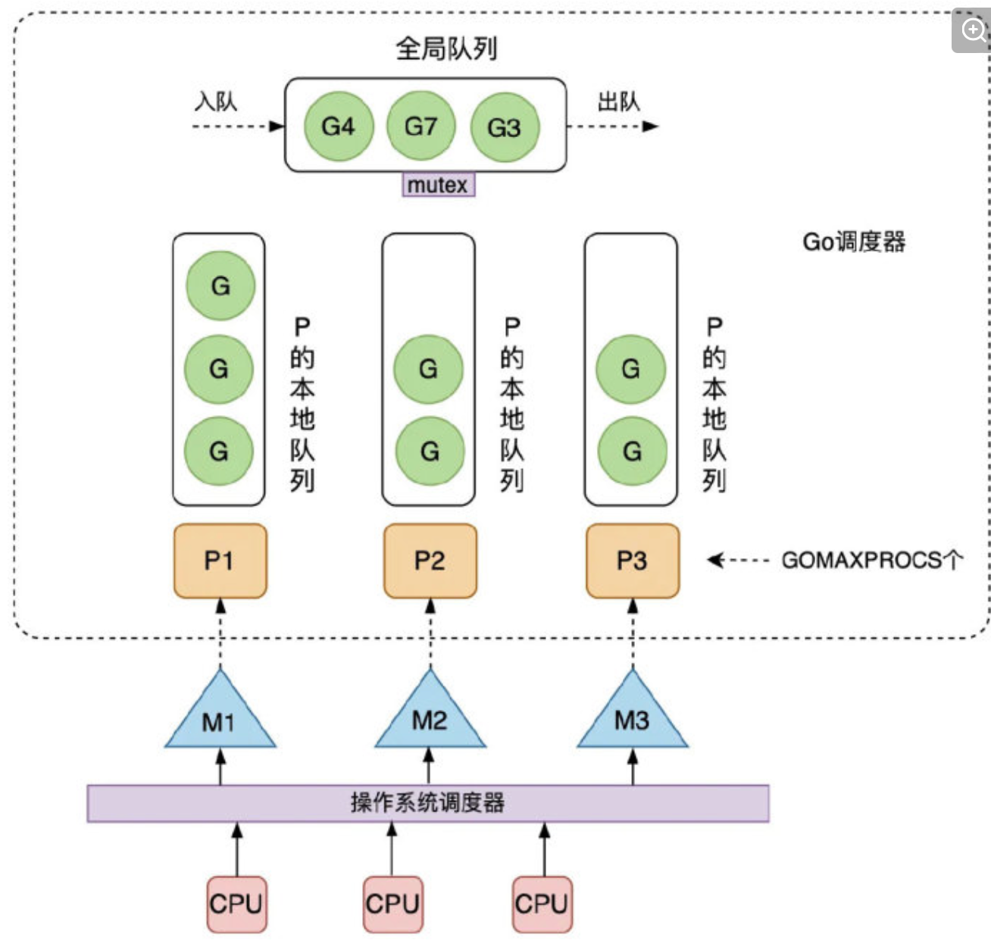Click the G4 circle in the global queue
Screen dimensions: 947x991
pos(338,127)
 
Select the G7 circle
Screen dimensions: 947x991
pos(420,126)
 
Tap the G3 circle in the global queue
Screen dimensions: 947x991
pos(504,127)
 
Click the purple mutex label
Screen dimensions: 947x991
pos(438,185)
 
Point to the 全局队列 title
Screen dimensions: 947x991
pos(446,48)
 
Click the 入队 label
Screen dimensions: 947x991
pos(216,102)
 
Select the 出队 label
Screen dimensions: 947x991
pos(618,102)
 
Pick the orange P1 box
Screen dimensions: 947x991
pos(220,561)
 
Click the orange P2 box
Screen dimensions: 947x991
pos(430,561)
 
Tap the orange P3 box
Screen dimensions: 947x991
pos(632,561)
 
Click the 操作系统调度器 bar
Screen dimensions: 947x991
pos(428,803)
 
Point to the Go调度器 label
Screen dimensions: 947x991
pos(854,242)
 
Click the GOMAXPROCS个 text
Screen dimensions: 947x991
pos(872,560)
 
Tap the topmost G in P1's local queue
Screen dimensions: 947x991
pos(220,286)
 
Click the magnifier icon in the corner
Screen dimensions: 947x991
pos(972,30)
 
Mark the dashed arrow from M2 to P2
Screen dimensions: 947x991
pos(430,633)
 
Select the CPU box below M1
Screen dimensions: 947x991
pos(236,904)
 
